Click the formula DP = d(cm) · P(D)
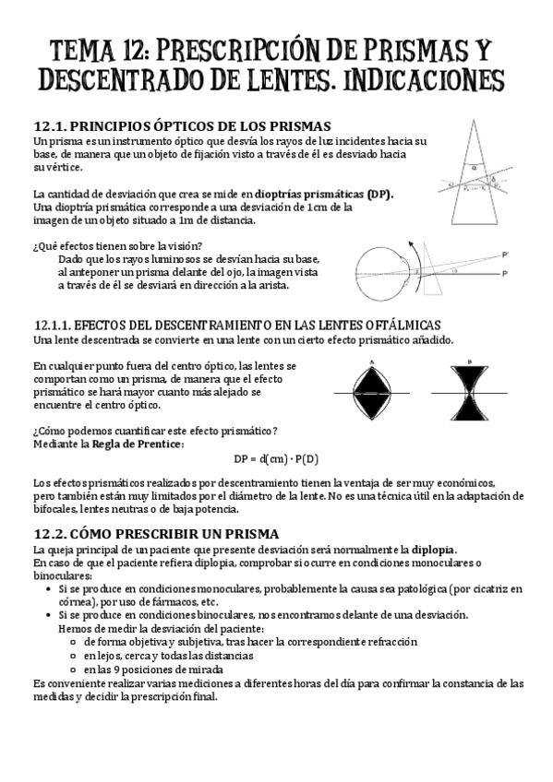pyautogui.click(x=275, y=459)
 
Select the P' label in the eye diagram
pyautogui.click(x=505, y=253)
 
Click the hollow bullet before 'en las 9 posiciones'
pyautogui.click(x=73, y=669)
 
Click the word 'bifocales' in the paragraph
pyautogui.click(x=54, y=510)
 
